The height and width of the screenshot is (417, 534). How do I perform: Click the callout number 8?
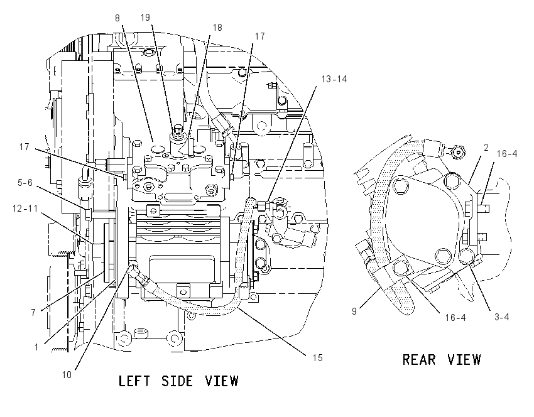[117, 18]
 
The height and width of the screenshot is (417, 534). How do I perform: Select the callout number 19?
[145, 18]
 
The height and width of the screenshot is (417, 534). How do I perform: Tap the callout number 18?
[217, 28]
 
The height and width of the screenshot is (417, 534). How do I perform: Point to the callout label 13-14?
[334, 79]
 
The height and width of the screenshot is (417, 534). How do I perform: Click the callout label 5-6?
[25, 183]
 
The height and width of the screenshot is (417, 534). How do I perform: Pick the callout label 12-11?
[25, 208]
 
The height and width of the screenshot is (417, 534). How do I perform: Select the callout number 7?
[33, 312]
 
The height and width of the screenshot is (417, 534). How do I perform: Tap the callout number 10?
[67, 375]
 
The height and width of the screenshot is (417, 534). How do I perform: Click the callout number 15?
[317, 358]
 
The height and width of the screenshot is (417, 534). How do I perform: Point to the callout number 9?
[354, 311]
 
